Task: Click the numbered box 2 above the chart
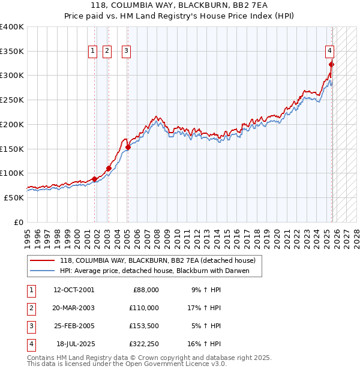(x=107, y=52)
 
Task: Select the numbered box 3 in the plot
(x=127, y=52)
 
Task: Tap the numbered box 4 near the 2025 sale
(x=330, y=52)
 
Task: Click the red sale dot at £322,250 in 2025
(x=331, y=65)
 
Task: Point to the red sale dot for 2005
(x=128, y=147)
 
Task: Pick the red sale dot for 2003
(x=109, y=169)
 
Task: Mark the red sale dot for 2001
(x=95, y=179)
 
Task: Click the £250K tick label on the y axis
(x=12, y=100)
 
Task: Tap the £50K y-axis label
(x=14, y=197)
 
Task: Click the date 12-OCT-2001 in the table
(x=73, y=290)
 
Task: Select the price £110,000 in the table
(x=145, y=308)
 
